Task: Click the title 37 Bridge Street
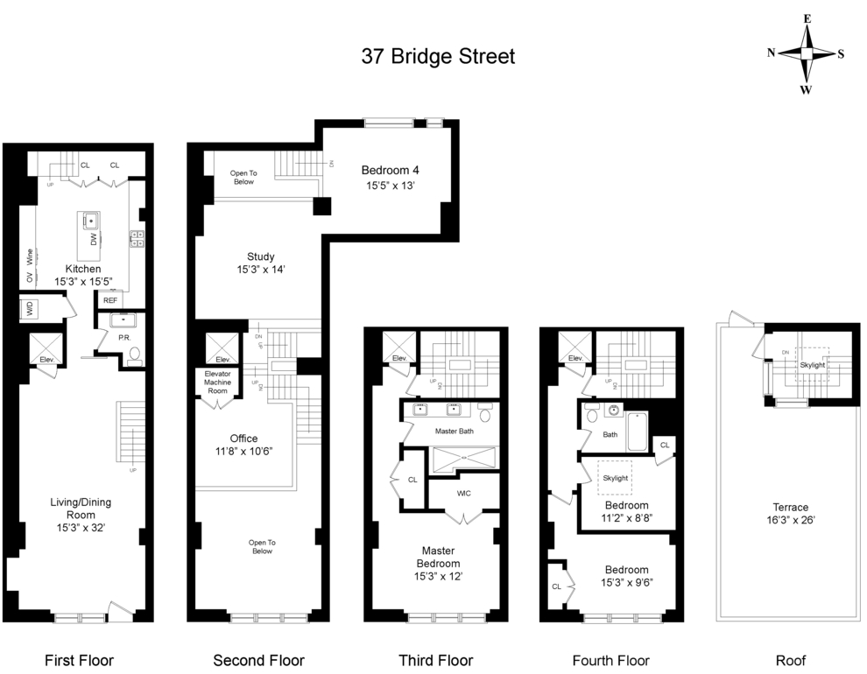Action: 438,57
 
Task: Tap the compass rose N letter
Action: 772,53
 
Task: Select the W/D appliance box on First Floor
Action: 30,308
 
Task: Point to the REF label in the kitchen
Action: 110,300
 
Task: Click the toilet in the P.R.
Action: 133,355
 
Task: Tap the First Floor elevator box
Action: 46,348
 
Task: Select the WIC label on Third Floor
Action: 463,494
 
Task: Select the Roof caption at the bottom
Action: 790,660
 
